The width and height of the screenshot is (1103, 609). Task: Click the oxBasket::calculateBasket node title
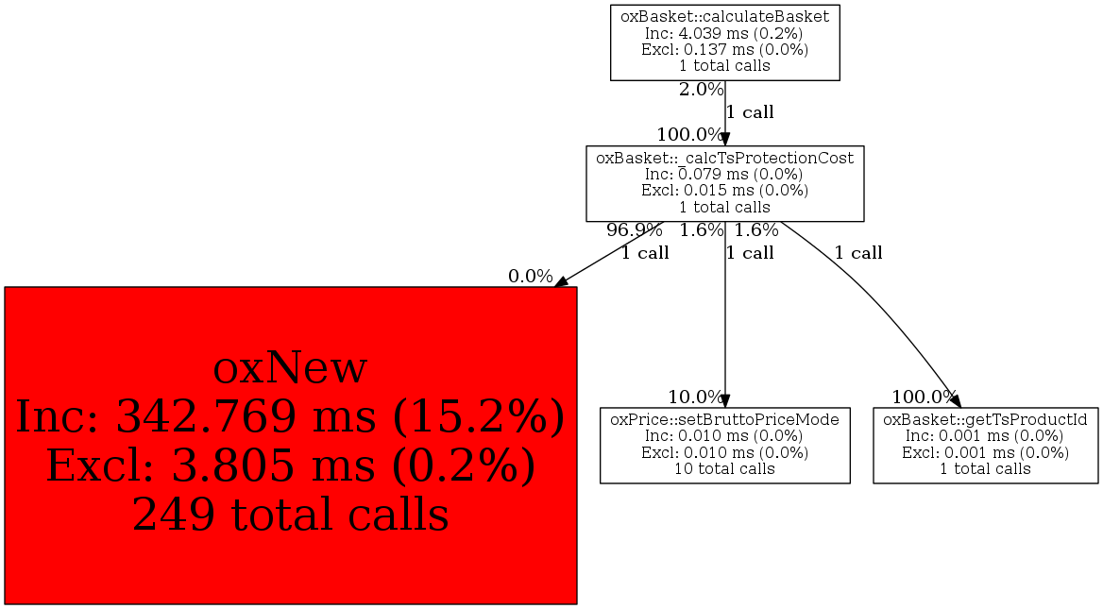pos(724,16)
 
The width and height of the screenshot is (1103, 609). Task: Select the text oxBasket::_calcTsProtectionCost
pos(724,158)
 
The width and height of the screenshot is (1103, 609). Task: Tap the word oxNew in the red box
pos(290,368)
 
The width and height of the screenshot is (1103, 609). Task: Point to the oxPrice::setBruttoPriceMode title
pos(724,420)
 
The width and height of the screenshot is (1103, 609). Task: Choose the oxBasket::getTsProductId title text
pos(985,420)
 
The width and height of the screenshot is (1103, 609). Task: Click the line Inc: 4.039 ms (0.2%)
pos(724,33)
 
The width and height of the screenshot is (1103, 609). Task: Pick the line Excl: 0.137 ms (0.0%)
pos(724,49)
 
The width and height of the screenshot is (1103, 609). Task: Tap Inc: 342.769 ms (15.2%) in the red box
pos(290,417)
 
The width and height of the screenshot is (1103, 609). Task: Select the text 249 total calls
pos(290,514)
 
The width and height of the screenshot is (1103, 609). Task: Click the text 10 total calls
pos(724,468)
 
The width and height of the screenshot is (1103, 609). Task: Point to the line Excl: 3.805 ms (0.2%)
pos(290,465)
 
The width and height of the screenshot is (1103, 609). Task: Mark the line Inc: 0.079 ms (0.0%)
pos(724,174)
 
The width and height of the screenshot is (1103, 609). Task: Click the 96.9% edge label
pos(635,230)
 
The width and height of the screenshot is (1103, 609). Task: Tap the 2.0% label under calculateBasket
pos(701,90)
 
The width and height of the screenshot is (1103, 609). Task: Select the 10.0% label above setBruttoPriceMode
pos(695,397)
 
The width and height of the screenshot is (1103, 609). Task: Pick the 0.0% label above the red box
pos(531,277)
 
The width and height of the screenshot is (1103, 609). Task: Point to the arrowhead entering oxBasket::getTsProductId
pos(955,399)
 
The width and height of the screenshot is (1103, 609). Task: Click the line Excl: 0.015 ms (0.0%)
pos(724,190)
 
